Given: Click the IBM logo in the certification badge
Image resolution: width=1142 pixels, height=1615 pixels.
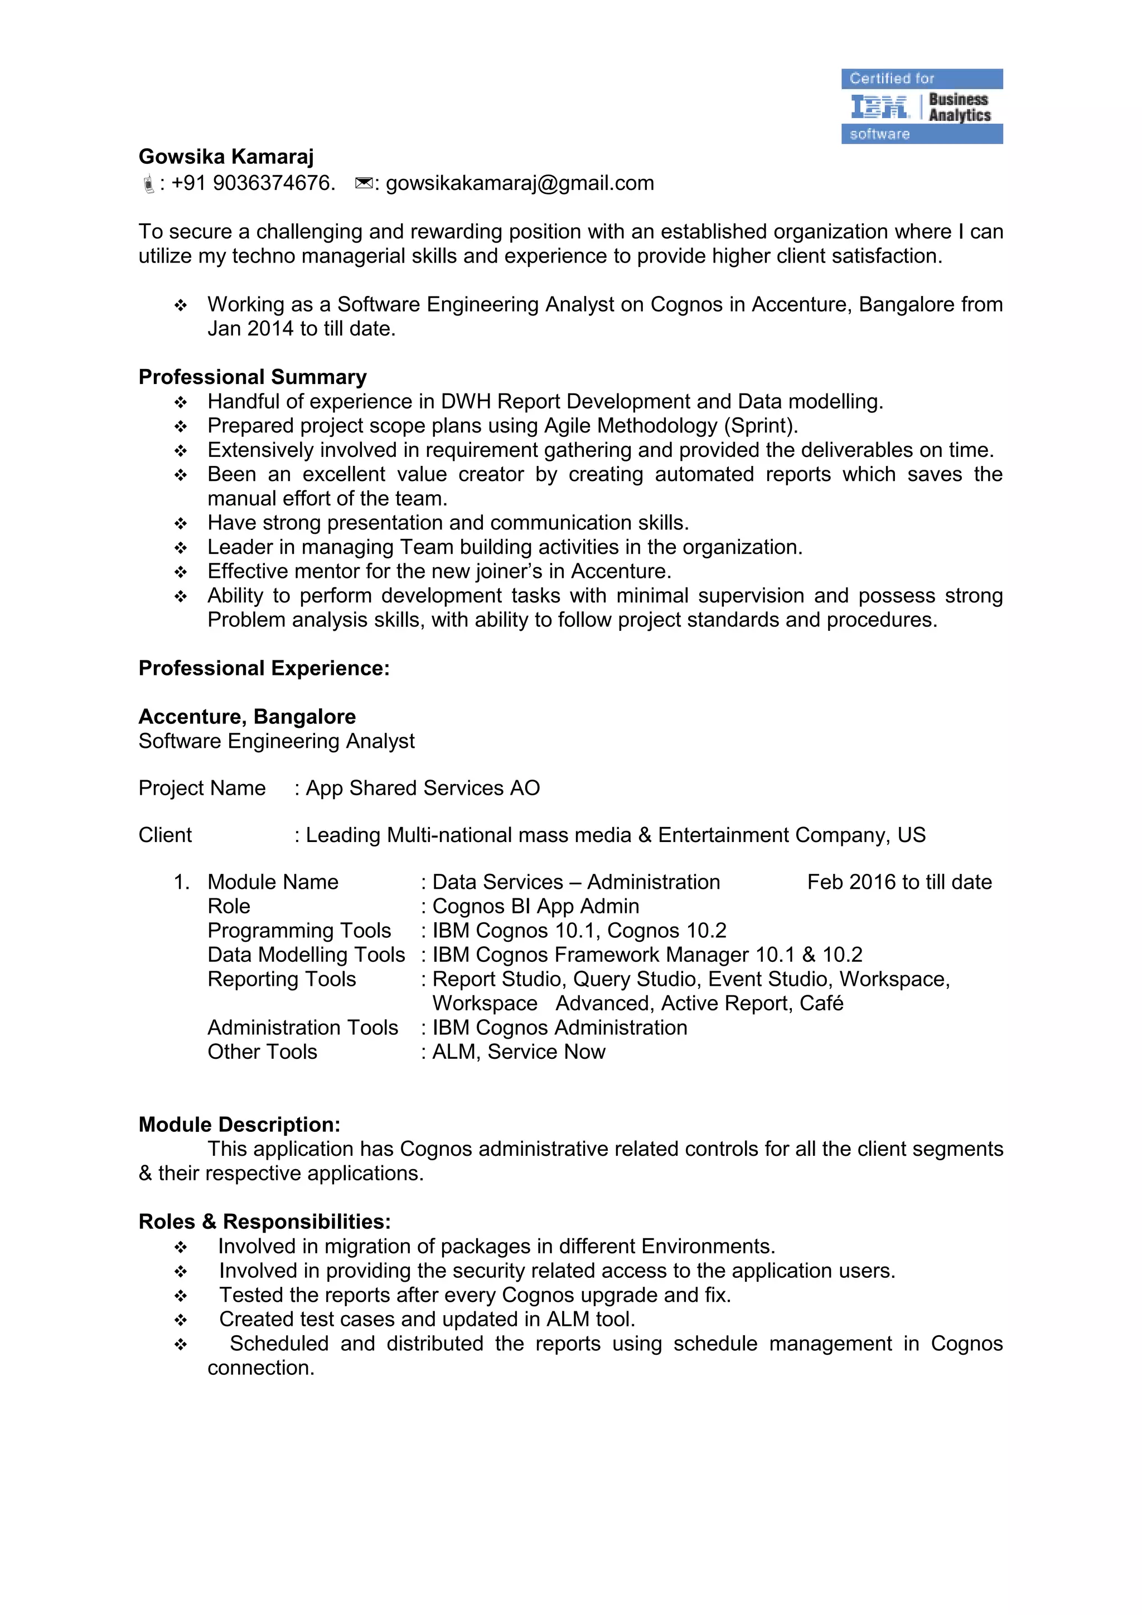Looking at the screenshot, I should (879, 107).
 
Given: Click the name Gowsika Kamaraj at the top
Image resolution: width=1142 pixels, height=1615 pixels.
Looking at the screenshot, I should (226, 156).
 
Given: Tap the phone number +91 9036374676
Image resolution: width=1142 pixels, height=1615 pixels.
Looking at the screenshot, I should (253, 183).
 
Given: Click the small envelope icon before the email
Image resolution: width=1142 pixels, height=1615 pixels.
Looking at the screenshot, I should (363, 183).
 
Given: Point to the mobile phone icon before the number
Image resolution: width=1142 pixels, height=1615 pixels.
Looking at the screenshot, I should (148, 184).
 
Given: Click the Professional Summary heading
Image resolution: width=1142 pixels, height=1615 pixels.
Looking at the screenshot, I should (253, 377).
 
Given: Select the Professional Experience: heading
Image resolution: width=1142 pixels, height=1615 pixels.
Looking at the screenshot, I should (264, 668).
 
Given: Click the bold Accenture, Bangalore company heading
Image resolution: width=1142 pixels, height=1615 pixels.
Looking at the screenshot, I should (247, 716).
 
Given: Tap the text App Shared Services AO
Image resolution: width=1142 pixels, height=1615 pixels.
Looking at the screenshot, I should (423, 788).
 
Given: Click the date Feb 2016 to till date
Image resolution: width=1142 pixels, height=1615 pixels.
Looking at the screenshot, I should (899, 882).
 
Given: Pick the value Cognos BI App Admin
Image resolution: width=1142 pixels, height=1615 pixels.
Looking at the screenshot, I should (535, 906).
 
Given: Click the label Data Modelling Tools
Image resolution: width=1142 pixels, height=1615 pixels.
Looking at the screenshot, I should (306, 955).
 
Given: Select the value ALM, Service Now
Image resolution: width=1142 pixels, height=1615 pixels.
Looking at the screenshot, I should (519, 1052).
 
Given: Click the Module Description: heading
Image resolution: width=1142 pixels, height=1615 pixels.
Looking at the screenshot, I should (239, 1124).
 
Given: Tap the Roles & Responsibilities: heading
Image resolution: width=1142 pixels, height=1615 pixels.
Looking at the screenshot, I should (264, 1221).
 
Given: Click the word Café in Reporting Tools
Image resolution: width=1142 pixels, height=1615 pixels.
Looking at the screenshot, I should (822, 1003).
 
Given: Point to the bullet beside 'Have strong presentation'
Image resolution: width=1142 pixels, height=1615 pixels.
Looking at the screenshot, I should (181, 523).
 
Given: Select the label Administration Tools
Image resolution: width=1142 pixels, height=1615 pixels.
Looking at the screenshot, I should (303, 1028).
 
